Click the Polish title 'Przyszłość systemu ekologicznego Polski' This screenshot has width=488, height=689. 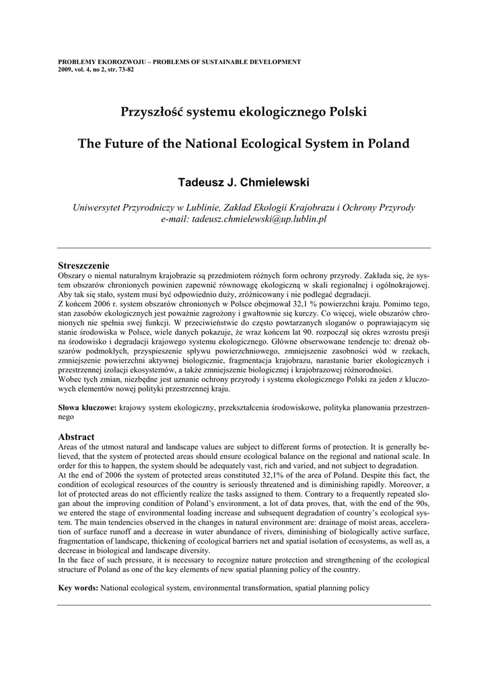(244, 110)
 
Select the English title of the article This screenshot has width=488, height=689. (244, 143)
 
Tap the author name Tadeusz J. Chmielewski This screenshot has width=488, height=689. (244, 182)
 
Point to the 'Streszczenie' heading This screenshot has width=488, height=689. (83, 266)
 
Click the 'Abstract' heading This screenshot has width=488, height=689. (76, 437)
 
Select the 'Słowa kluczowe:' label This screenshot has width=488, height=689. (88, 408)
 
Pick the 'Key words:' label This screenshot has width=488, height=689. (79, 588)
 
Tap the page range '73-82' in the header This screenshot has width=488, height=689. (126, 69)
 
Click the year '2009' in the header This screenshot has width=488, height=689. (66, 69)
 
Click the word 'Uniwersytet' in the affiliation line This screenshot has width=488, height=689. (101, 207)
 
